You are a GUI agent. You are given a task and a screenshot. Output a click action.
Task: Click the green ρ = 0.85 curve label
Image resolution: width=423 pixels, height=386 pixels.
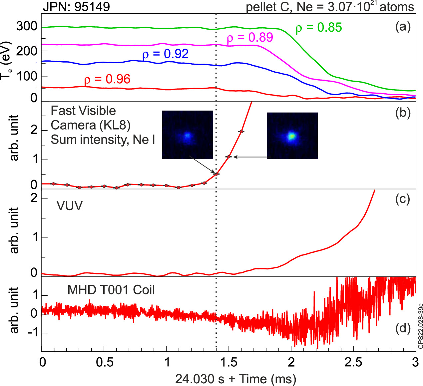(319, 28)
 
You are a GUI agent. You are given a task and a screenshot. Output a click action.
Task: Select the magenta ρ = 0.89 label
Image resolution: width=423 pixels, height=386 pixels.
(250, 38)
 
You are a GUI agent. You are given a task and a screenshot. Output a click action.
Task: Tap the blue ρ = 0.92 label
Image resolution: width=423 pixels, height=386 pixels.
(166, 54)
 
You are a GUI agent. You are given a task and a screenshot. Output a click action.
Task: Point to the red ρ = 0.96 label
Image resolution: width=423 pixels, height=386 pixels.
(107, 79)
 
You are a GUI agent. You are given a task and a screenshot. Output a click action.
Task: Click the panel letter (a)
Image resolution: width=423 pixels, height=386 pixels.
(403, 26)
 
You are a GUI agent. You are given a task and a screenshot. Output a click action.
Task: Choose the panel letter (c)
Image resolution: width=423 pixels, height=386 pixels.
(402, 199)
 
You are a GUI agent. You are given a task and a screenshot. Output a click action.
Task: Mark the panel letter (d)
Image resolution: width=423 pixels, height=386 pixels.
(402, 328)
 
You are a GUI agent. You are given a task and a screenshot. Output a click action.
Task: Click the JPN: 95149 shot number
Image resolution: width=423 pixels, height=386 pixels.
(76, 7)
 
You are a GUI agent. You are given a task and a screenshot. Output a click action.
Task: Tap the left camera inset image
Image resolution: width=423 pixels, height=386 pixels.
(188, 135)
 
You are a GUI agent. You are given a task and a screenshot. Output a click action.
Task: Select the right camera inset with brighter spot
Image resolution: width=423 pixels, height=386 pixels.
(292, 136)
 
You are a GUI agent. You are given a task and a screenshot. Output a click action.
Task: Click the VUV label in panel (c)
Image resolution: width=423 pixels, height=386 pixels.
(70, 206)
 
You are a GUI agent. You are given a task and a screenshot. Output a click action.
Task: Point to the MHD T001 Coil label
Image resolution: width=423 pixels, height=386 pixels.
(111, 290)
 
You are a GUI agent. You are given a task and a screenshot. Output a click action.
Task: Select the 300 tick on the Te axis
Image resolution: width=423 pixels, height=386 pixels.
(27, 26)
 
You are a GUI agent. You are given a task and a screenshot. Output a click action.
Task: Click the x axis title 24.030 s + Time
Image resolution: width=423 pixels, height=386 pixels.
(235, 379)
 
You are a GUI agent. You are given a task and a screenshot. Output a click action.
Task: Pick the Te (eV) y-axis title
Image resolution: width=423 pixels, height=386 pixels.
(6, 61)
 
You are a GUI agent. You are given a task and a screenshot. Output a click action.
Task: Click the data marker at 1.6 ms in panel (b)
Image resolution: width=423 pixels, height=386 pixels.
(241, 132)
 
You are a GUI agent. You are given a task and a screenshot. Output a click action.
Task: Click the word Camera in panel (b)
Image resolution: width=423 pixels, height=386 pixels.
(73, 125)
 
